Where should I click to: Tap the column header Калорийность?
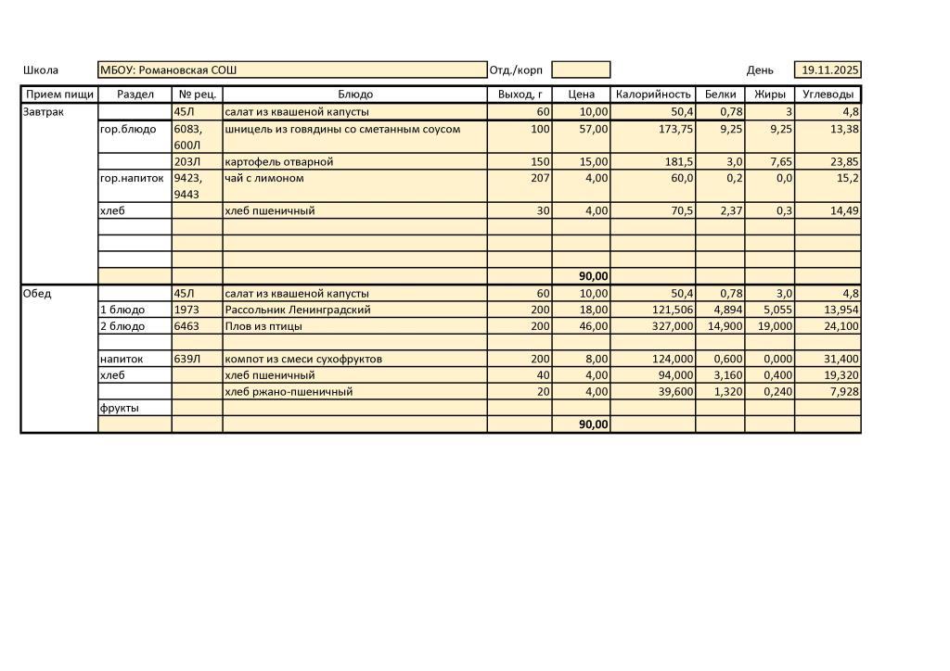653,95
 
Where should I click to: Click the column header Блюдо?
355,95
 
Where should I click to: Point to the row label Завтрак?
39,112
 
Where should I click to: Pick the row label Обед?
37,294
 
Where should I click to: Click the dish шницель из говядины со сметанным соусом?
342,129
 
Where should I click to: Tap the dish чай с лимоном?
264,178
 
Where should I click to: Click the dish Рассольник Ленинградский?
298,310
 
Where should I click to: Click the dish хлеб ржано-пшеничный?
289,392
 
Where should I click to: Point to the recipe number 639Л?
187,359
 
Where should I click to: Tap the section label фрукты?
120,408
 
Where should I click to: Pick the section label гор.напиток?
132,178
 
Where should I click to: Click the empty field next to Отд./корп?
581,70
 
